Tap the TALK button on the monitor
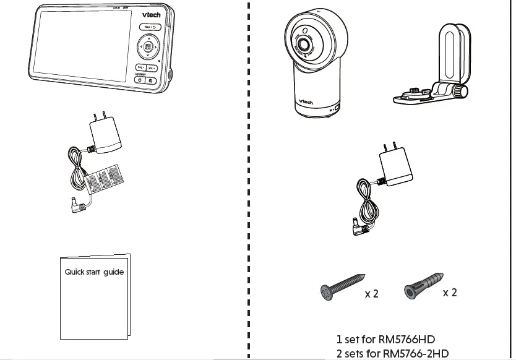(x=150, y=28)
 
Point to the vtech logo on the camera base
(x=306, y=102)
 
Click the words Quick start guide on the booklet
(x=94, y=272)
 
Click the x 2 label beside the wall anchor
(x=450, y=293)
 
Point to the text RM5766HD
(x=406, y=340)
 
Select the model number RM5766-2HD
(x=416, y=354)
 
